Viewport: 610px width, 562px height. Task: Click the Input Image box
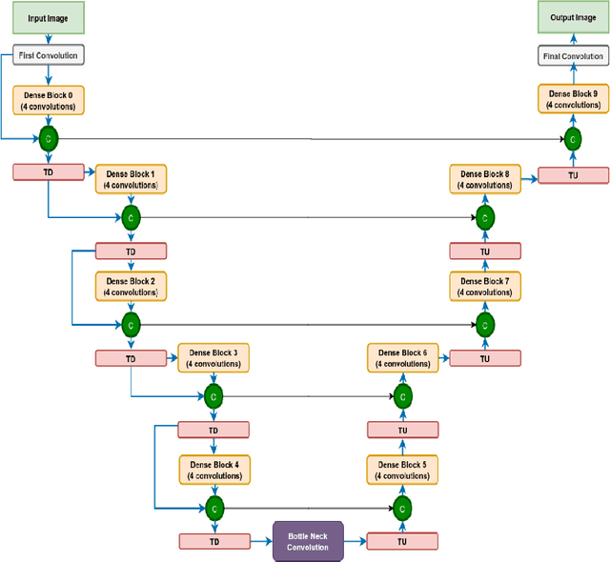48,16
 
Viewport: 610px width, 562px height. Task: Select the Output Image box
573,16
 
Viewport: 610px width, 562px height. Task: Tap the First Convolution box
48,56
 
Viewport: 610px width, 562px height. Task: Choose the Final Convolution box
573,56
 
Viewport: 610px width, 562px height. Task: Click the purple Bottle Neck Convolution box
307,541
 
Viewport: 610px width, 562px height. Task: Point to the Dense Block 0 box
48,100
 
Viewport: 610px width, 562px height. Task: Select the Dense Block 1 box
131,179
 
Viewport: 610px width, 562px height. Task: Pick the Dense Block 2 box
131,287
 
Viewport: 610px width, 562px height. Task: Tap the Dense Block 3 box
213,358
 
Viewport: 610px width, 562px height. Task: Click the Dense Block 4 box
213,469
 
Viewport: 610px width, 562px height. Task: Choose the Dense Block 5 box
402,469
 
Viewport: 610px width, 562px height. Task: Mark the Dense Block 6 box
402,358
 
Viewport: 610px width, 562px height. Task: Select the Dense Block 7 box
485,287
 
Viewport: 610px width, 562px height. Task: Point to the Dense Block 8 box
485,179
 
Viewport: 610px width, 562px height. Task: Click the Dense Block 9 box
573,100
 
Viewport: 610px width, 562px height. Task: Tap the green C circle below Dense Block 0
48,139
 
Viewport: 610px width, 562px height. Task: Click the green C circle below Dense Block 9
573,139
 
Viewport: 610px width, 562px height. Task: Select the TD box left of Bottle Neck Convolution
213,541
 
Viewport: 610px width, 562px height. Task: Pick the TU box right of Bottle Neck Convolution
402,541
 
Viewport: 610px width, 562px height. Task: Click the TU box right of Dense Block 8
573,174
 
